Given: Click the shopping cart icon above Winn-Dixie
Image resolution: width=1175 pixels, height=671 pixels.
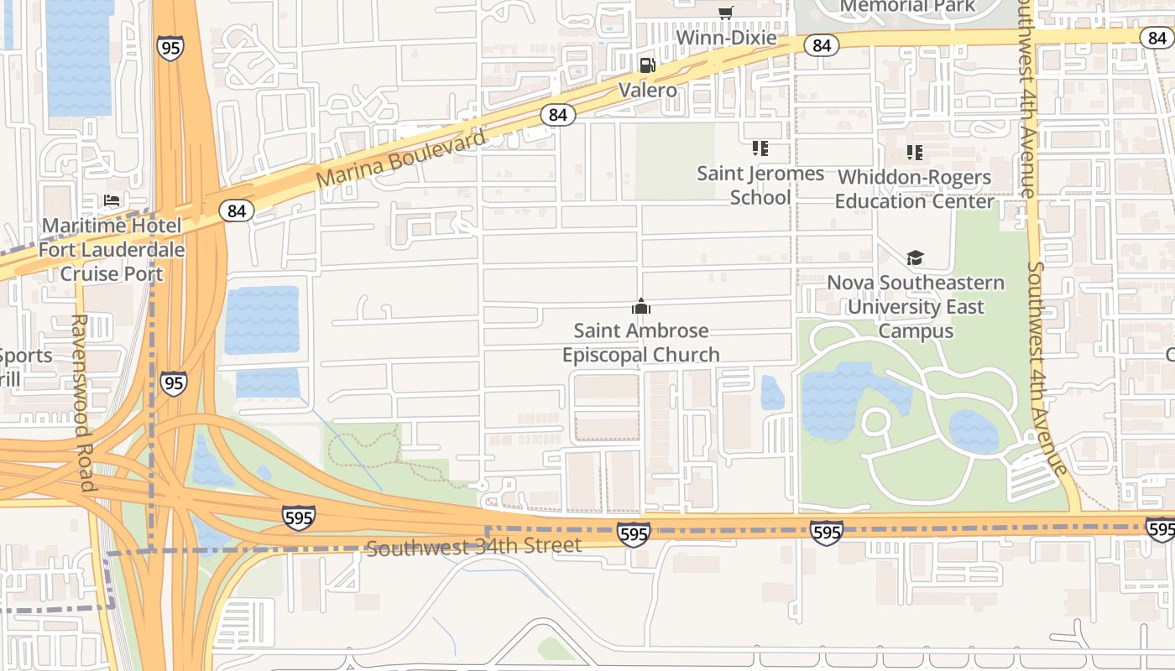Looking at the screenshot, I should pos(726,13).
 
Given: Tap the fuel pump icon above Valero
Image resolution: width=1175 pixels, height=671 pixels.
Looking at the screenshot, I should pos(647,65).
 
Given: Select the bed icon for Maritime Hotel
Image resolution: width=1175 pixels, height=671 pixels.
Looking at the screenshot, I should pos(112,200).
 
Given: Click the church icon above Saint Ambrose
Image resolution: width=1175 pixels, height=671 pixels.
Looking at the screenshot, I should pos(641,306).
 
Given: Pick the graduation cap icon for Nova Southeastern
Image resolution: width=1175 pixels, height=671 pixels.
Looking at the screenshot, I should pos(915,257).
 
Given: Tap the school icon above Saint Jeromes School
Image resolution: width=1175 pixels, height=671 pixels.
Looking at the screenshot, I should pos(760,149).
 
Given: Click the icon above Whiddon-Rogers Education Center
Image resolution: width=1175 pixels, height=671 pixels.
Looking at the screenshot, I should pos(915,153).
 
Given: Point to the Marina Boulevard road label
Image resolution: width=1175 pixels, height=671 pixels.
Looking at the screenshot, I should pos(401,159).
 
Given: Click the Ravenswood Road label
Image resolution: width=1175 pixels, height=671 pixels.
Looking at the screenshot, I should pos(81,403).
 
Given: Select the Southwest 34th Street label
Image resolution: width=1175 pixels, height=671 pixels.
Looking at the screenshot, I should pos(474,547).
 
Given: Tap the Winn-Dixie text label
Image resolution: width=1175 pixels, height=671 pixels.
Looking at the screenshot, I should pos(726,39).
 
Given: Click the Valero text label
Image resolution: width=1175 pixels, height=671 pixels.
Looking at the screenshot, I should pos(647,89).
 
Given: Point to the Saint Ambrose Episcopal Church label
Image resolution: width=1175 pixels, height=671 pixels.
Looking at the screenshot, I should pos(641,343).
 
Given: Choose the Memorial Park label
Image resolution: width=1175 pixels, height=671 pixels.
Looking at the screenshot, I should pos(907,7).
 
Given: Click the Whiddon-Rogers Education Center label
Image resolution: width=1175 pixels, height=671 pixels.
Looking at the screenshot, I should pos(914,190).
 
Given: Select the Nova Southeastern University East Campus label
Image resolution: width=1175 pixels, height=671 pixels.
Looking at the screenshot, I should pos(916,307).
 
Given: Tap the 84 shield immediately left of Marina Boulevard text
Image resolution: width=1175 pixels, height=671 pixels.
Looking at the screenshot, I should pos(237,211).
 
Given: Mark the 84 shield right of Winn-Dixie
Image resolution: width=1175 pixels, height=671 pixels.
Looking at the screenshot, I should pos(821,45).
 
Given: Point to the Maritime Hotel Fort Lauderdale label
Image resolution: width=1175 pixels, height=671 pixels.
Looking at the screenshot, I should pos(112,250).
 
